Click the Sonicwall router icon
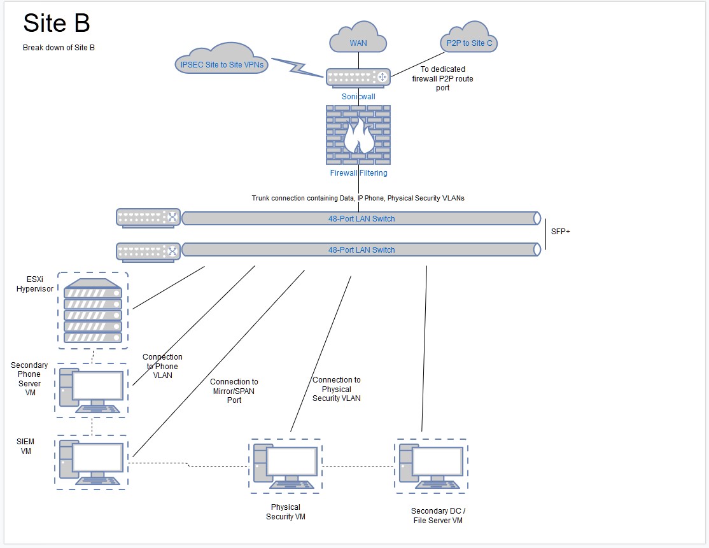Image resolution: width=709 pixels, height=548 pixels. click(358, 77)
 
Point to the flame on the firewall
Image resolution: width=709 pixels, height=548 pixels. click(358, 135)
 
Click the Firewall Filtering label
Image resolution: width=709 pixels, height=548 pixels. click(358, 172)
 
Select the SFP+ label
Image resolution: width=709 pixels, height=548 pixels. click(560, 232)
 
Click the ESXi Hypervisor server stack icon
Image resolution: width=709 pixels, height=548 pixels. click(93, 311)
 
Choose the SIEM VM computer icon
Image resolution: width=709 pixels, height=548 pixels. click(92, 463)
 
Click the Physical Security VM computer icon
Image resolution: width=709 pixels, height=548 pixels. click(285, 466)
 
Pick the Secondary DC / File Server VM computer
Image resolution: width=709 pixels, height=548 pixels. click(431, 466)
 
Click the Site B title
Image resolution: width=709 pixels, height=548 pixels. click(57, 23)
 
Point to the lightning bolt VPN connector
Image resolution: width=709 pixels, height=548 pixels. click(297, 67)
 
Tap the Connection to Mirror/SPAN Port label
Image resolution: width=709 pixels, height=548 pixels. click(234, 391)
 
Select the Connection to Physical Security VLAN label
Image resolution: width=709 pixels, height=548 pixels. click(337, 389)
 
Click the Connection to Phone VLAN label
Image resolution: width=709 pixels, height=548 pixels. click(162, 366)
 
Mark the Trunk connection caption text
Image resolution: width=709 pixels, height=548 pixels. click(358, 198)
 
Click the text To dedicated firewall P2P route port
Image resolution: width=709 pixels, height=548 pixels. click(442, 78)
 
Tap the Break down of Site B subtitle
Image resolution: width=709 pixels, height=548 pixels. click(59, 48)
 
